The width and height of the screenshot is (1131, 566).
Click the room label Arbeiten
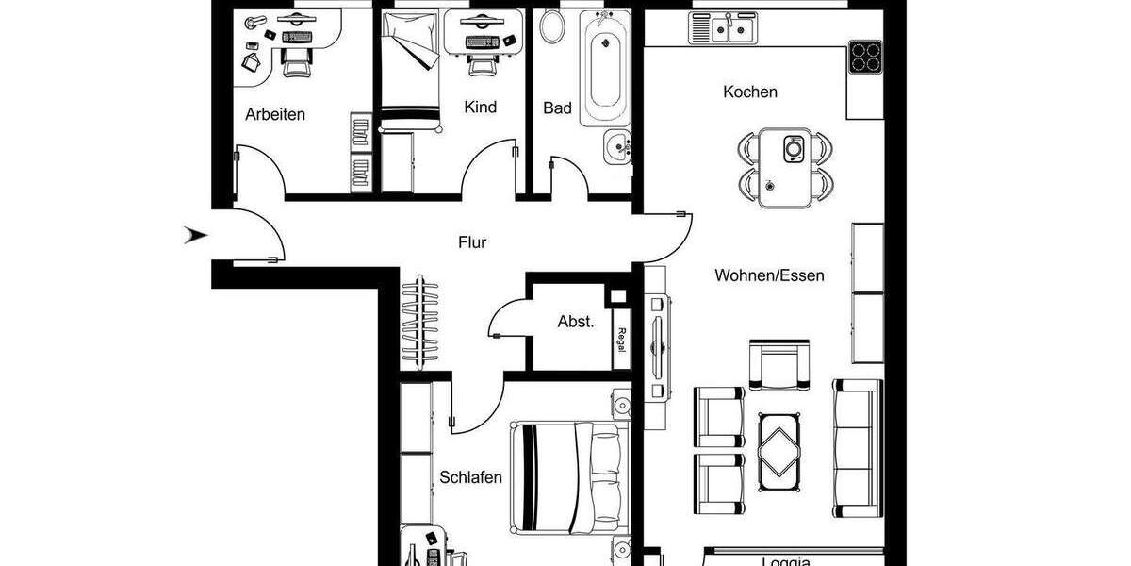[x=275, y=114]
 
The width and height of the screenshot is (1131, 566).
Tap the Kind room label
[x=480, y=108]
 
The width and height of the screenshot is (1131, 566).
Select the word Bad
[x=557, y=108]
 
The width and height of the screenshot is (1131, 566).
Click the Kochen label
[x=750, y=92]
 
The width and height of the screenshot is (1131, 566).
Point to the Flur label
[x=472, y=242]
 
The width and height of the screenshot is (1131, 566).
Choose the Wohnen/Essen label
[x=769, y=275]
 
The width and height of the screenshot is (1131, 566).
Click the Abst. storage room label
[x=576, y=322]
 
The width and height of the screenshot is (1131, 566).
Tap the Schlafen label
[x=470, y=477]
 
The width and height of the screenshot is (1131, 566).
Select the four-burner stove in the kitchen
[x=864, y=58]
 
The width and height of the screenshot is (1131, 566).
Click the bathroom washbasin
[x=617, y=145]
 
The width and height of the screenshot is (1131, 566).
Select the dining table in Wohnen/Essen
[x=785, y=166]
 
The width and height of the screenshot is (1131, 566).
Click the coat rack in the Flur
[x=418, y=322]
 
